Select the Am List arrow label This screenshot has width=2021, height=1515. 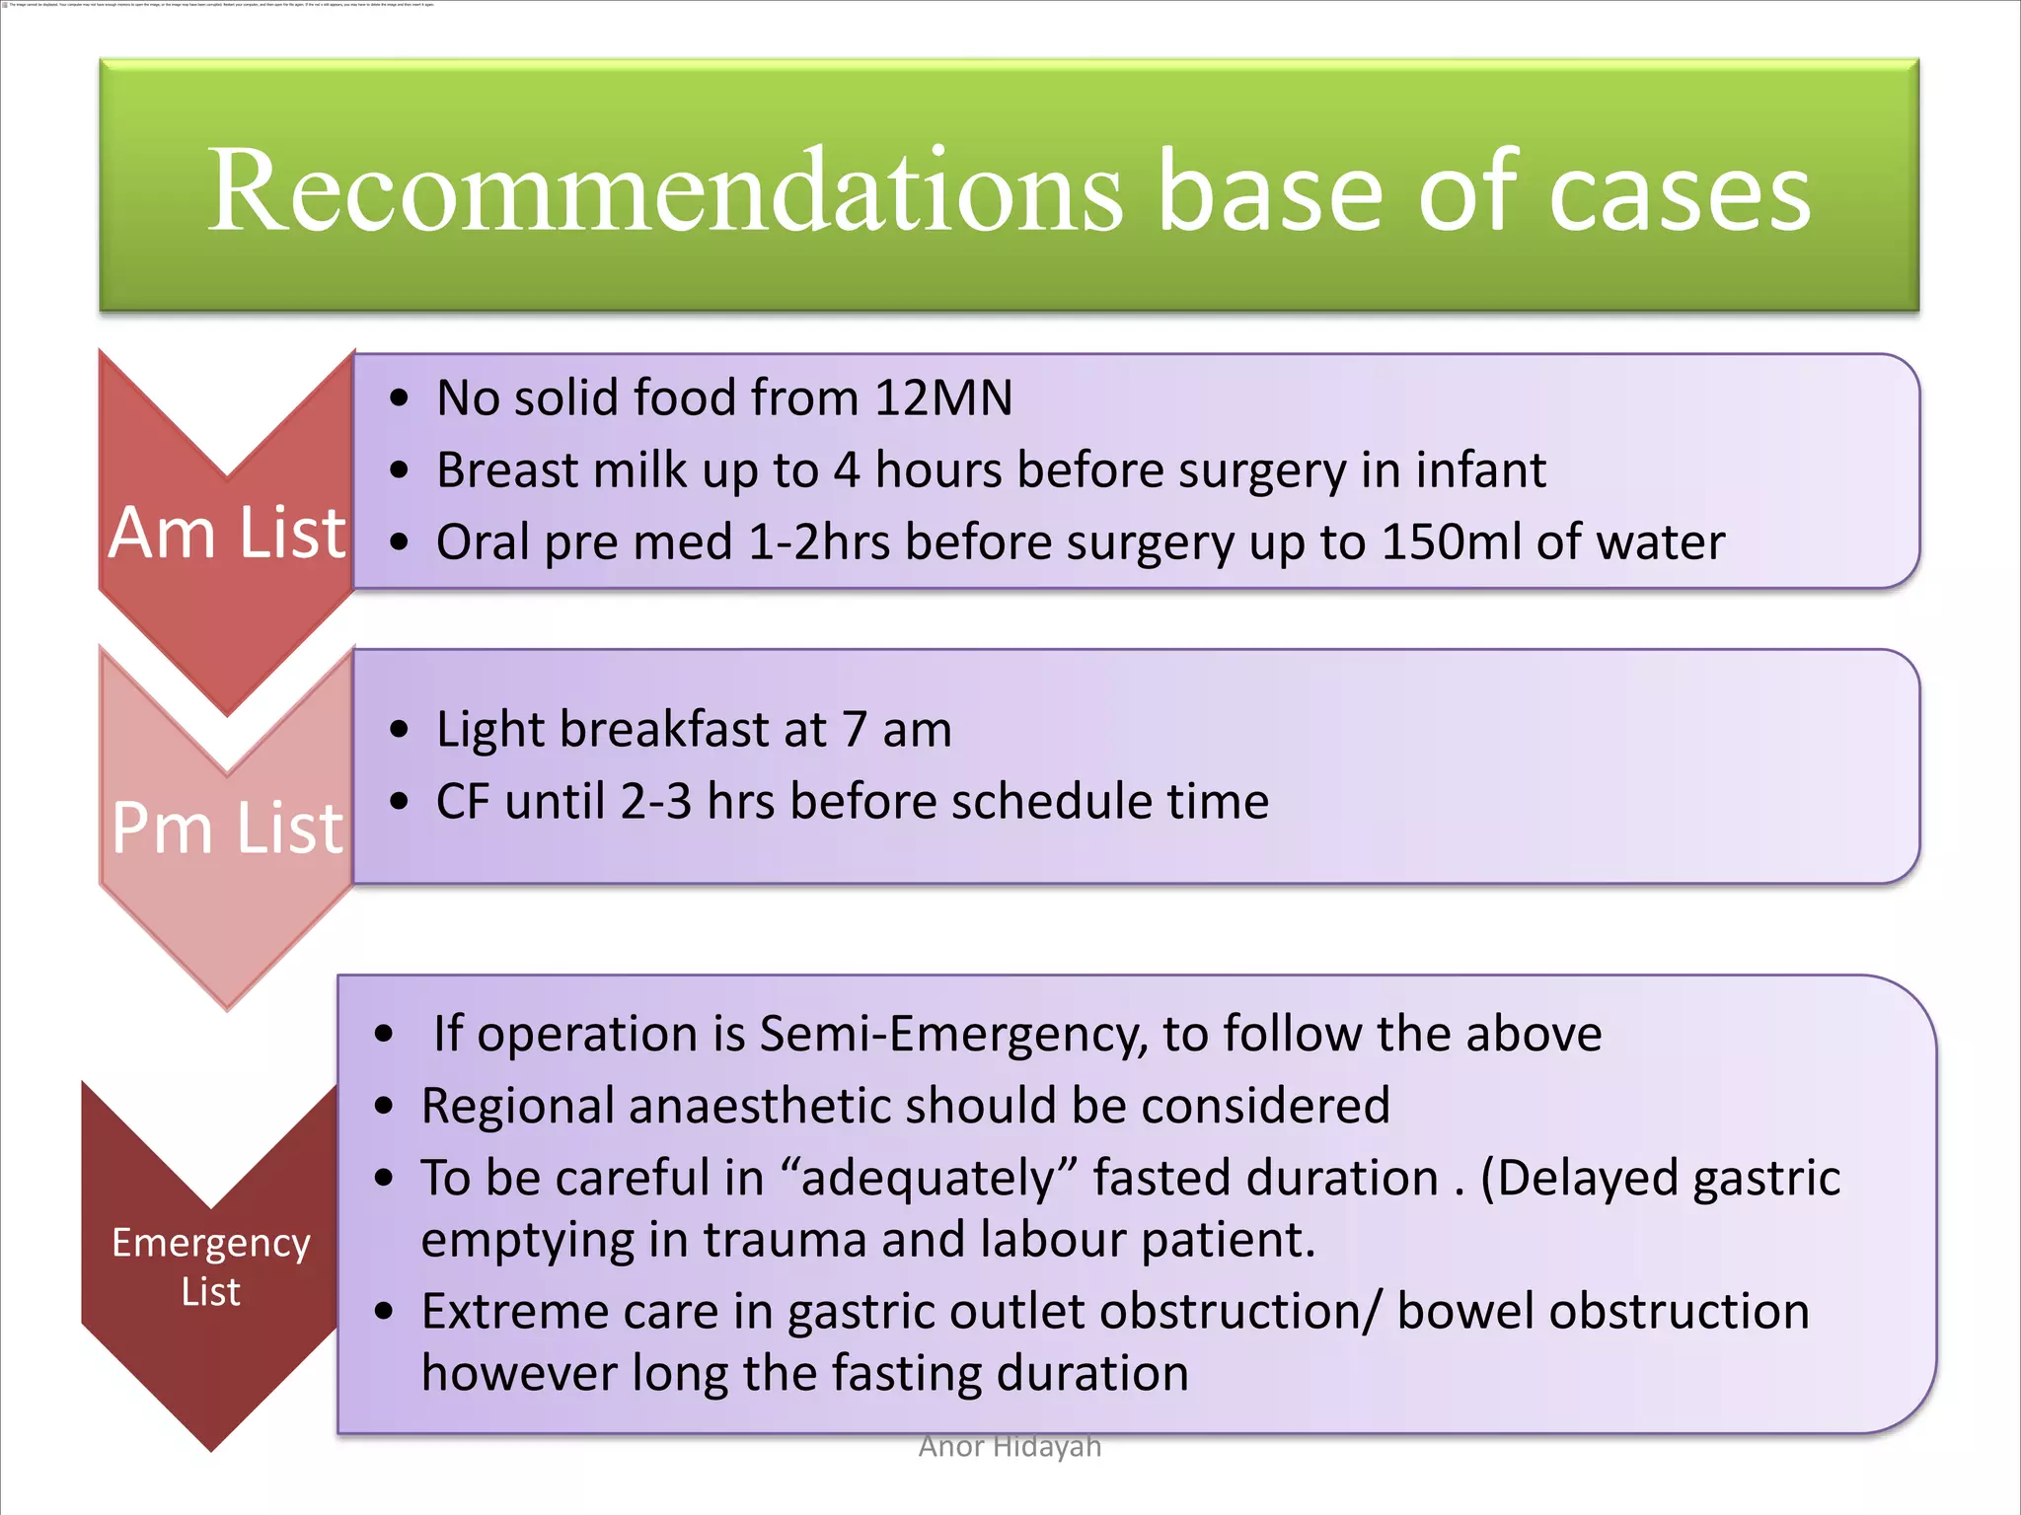point(227,534)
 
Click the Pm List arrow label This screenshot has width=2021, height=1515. point(227,828)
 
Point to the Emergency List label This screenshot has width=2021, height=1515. point(210,1266)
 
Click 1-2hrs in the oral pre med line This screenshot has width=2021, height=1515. point(818,541)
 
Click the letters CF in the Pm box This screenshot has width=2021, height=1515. point(463,801)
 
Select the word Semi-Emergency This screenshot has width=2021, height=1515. point(953,1034)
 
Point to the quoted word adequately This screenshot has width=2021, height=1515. point(928,1179)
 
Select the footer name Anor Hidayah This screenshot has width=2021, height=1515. point(1010,1446)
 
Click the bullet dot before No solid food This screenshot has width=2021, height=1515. point(399,398)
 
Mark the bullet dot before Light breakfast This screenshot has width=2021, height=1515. point(399,730)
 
